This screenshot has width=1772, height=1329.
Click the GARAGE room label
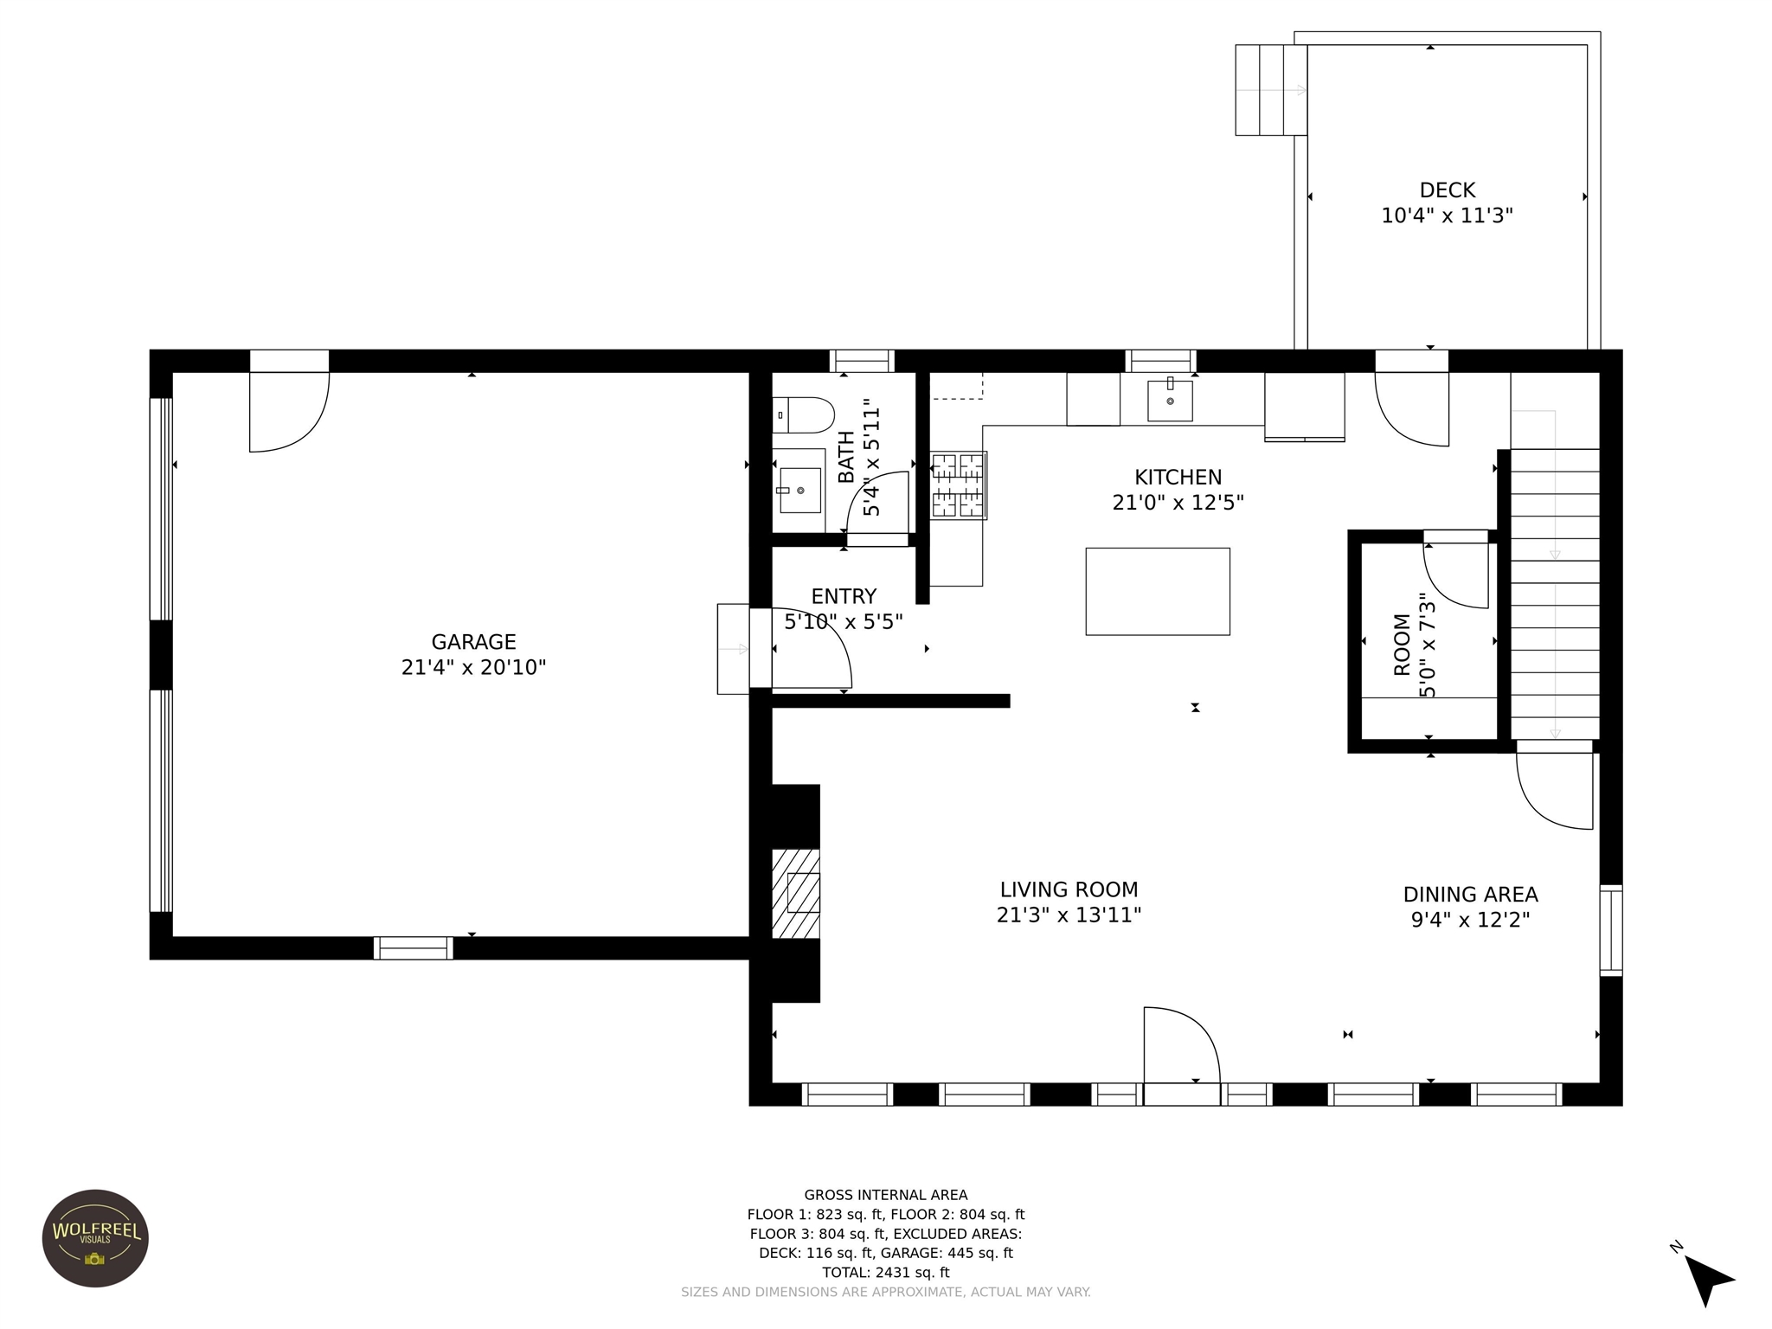pos(473,642)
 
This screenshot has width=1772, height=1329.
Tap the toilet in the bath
pos(803,415)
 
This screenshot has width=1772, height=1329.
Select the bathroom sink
pos(799,491)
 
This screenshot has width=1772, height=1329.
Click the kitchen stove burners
pos(959,485)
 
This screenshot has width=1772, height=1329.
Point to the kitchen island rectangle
pos(1158,591)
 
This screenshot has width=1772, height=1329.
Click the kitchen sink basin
pos(1170,400)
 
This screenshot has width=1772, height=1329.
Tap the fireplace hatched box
pos(796,893)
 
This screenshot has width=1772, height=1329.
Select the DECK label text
pos(1448,190)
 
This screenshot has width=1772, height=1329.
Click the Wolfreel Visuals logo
pos(95,1238)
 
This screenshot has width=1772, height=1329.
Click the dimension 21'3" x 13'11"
pos(1069,915)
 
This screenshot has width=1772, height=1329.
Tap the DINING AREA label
pos(1471,894)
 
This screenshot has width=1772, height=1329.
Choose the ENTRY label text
pos(844,596)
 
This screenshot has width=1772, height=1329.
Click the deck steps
pos(1270,90)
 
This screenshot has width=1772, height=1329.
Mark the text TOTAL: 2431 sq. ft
pos(886,1272)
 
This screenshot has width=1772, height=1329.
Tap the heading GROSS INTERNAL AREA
pos(886,1195)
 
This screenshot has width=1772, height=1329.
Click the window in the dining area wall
pos(1611,931)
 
